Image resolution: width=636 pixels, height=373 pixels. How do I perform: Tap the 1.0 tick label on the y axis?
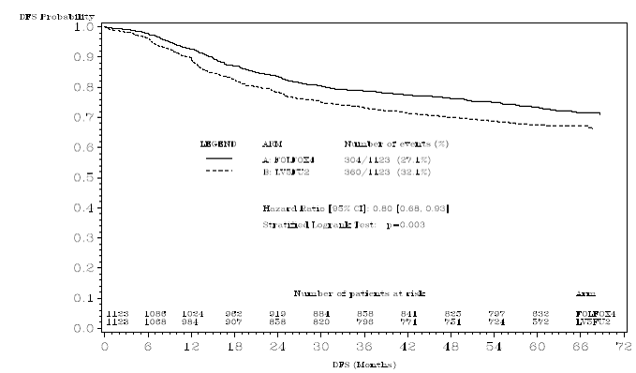point(84,27)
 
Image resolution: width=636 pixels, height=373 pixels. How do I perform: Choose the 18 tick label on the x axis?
point(232,346)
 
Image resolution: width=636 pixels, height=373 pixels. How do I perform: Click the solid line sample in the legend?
point(218,160)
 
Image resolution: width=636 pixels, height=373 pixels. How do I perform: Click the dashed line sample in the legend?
point(218,172)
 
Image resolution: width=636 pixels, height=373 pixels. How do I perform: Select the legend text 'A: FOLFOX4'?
point(286,160)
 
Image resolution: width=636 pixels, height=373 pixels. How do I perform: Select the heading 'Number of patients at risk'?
point(359,293)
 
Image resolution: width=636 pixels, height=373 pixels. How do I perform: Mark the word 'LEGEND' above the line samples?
point(217,144)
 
